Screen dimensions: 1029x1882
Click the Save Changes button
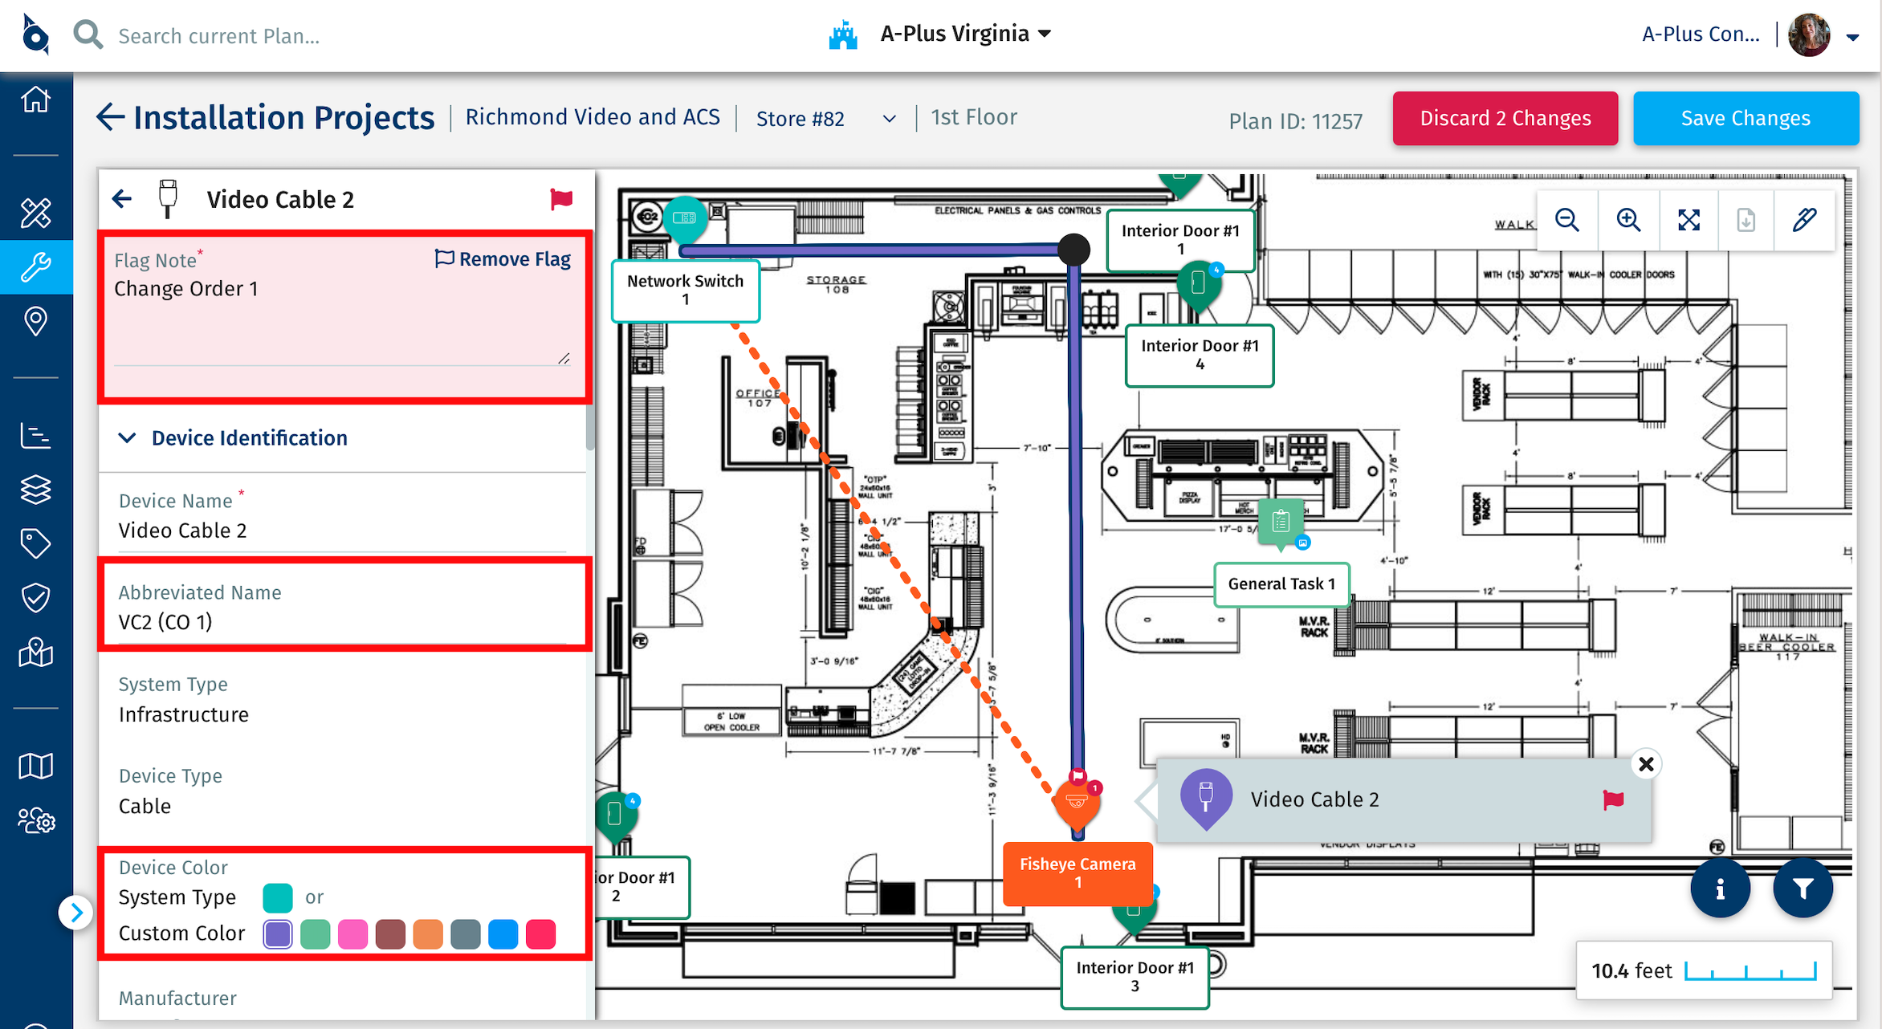pos(1746,119)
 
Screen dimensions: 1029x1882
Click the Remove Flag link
pos(503,259)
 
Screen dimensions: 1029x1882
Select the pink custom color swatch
pos(352,934)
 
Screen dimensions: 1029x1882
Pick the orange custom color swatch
pos(428,934)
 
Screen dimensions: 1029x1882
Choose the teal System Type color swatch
pos(278,897)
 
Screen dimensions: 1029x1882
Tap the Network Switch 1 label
pos(685,290)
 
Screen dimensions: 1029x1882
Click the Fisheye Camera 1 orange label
pos(1077,872)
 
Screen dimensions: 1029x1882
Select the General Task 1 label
pos(1281,584)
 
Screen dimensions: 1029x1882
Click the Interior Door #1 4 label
pos(1200,355)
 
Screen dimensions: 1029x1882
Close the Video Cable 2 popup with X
pos(1646,764)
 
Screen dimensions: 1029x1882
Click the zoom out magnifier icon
pos(1566,220)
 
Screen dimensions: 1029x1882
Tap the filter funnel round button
pos(1803,889)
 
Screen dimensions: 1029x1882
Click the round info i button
pos(1720,889)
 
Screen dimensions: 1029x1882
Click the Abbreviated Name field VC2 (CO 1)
pos(343,622)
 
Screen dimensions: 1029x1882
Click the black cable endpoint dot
pos(1073,250)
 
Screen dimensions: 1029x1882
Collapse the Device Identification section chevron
pos(127,438)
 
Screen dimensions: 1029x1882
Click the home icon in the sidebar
pos(36,100)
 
